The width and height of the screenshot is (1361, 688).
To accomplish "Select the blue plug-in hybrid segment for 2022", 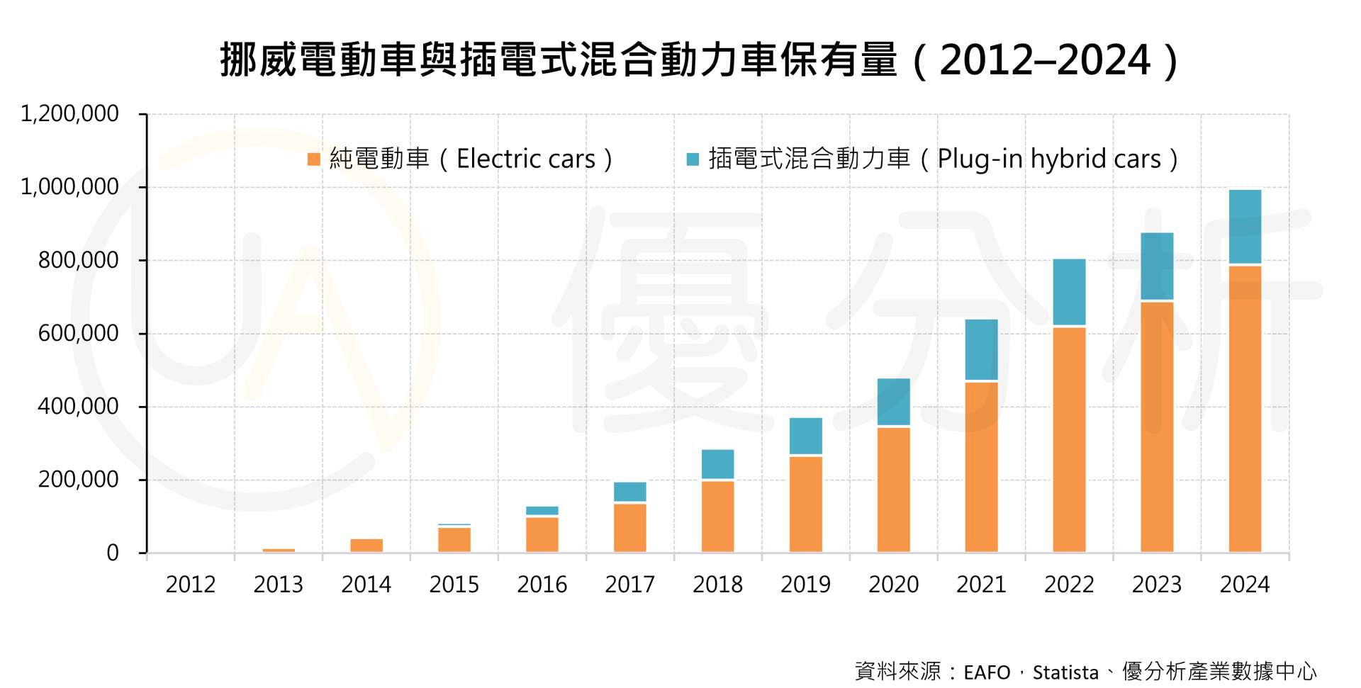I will (x=1069, y=292).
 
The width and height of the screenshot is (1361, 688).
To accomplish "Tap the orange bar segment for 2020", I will (x=893, y=490).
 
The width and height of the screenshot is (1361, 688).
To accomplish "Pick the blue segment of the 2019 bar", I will (x=806, y=436).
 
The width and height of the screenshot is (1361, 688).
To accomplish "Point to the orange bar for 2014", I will (x=366, y=545).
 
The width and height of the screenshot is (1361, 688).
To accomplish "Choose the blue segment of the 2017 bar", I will (x=629, y=492).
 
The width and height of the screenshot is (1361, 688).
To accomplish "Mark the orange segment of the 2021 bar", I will (x=981, y=467).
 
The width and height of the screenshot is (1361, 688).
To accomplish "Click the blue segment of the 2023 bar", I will (x=1157, y=266).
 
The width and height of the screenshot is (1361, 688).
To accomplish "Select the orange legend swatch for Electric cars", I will (x=314, y=159).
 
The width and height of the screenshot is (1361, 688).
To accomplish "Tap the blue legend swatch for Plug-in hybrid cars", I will (x=693, y=159).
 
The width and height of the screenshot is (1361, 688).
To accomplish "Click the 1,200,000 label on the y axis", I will (x=69, y=113).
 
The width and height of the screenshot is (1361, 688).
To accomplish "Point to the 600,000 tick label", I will (x=78, y=333).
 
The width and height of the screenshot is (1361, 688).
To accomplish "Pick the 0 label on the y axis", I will (x=112, y=553).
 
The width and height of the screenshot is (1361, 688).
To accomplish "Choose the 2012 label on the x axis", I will (x=190, y=585).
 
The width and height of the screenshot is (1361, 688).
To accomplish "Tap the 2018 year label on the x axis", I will (x=717, y=585).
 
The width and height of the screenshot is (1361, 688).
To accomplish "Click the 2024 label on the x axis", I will (x=1245, y=585).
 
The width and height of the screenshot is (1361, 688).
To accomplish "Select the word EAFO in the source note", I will (x=987, y=672).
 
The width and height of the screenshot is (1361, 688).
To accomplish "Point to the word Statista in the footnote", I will (x=1065, y=672).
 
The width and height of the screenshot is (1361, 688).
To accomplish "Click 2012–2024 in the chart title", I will (x=1045, y=60).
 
